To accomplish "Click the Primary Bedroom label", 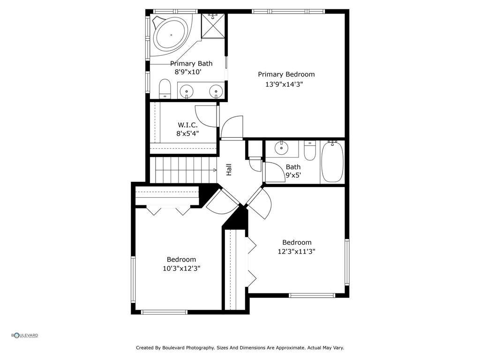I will tap(286, 74).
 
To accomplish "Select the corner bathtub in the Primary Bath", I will tap(171, 35).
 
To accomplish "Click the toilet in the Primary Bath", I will tap(165, 89).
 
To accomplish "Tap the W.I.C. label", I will tap(187, 125).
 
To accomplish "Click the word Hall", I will tap(229, 169).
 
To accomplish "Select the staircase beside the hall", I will tap(183, 170).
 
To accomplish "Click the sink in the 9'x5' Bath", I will tap(282, 148).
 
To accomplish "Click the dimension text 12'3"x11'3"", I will tap(296, 251).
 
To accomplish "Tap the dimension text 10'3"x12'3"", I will tap(181, 268).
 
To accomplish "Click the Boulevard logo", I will tap(25, 335).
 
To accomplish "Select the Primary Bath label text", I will tap(191, 63).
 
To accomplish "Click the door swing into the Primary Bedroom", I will tap(232, 127).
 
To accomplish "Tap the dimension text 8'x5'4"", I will tap(187, 133).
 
